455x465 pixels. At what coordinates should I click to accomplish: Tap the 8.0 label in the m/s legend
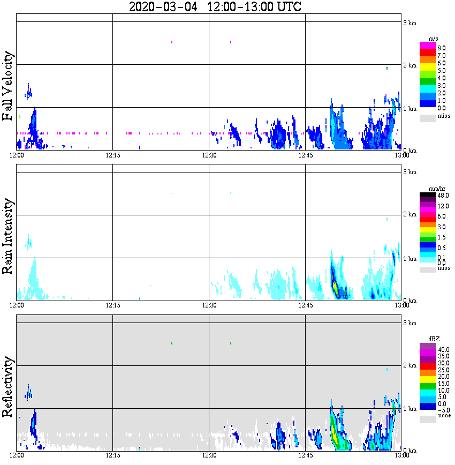pyautogui.click(x=441, y=48)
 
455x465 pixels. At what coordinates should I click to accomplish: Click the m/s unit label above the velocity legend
pyautogui.click(x=434, y=39)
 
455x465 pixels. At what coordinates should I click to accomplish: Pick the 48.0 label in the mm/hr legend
pyautogui.click(x=442, y=196)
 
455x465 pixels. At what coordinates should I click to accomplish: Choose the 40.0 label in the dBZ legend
pyautogui.click(x=442, y=349)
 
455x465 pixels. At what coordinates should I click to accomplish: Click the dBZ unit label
pyautogui.click(x=434, y=339)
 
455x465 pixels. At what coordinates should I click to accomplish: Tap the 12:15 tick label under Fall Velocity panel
pyautogui.click(x=112, y=155)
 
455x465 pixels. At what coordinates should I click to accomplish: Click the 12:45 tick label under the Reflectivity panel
pyautogui.click(x=305, y=456)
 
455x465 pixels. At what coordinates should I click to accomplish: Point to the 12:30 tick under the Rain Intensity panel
pyautogui.click(x=209, y=305)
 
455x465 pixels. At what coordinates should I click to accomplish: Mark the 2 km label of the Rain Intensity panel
pyautogui.click(x=409, y=215)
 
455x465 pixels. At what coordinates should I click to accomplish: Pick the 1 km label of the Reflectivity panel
pyautogui.click(x=409, y=409)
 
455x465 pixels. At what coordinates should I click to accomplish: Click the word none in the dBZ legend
pyautogui.click(x=444, y=416)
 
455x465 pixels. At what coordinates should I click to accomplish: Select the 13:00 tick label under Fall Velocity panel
pyautogui.click(x=401, y=155)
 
